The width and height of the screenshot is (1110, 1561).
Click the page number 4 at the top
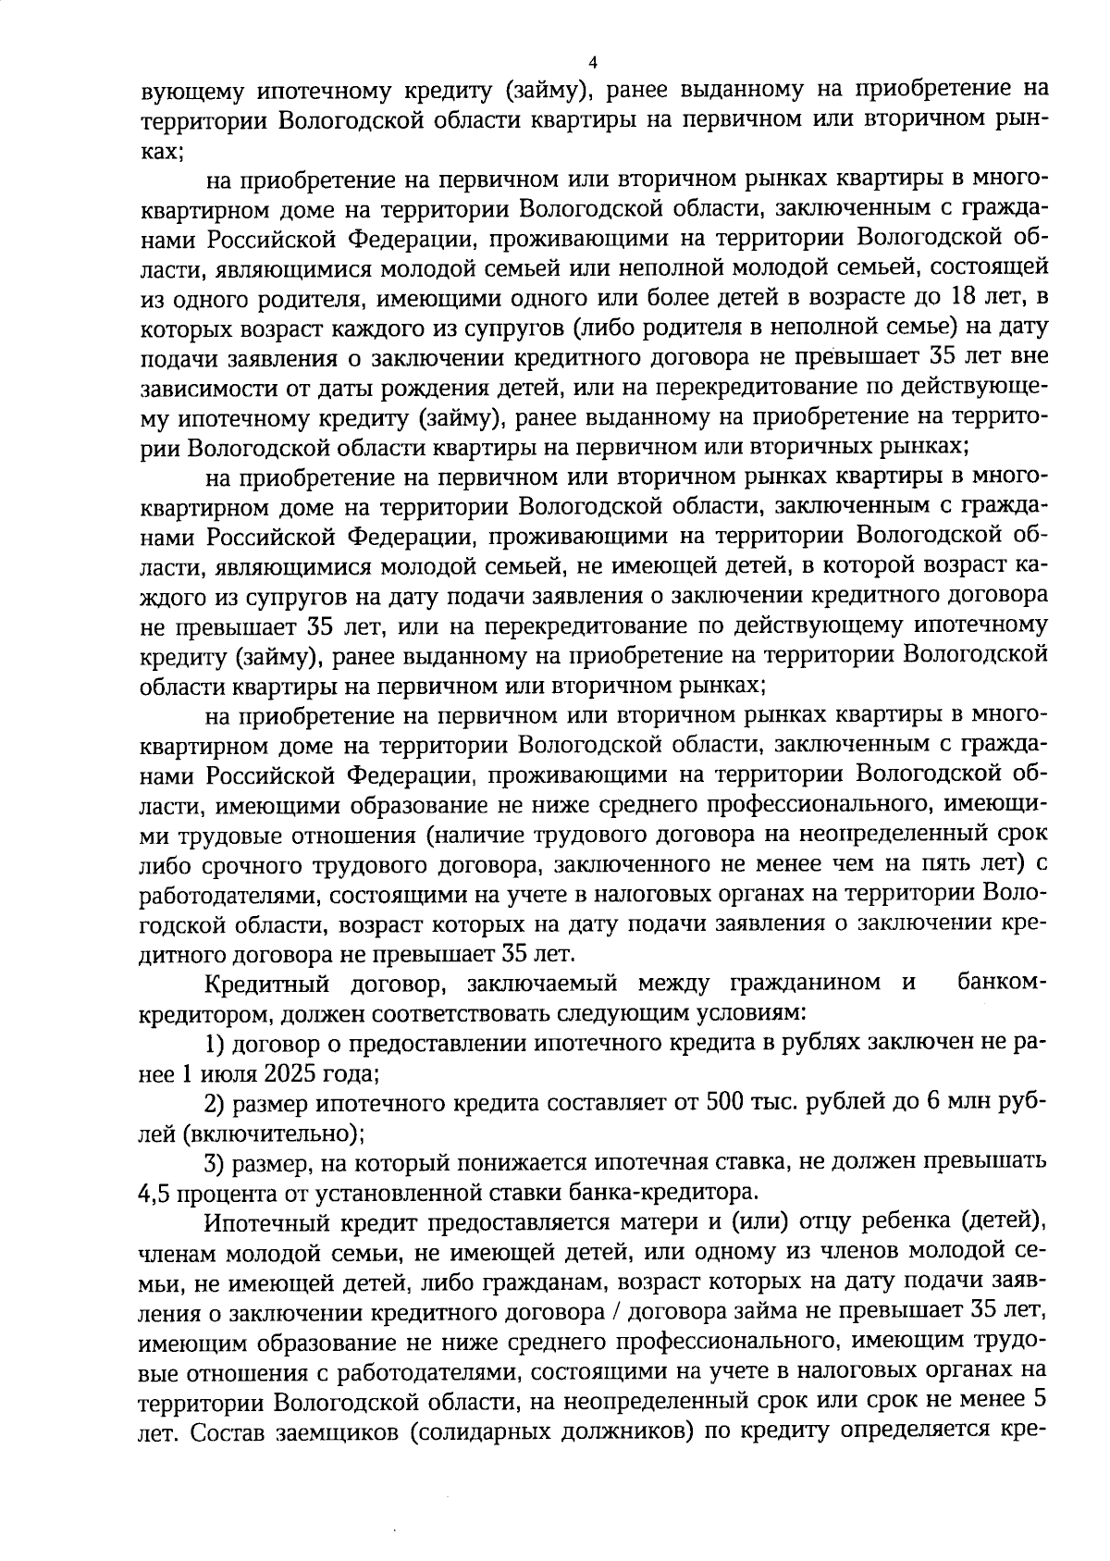593,63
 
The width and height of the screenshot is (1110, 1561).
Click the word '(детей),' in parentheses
1004,1222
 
